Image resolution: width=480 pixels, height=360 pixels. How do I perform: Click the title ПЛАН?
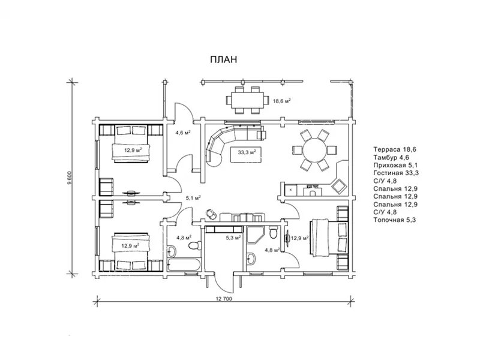point(223,59)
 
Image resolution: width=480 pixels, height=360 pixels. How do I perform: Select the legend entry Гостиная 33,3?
point(396,173)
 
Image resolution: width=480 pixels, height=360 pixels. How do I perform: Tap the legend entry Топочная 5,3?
point(395,220)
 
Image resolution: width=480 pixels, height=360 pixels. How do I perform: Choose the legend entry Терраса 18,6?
point(395,149)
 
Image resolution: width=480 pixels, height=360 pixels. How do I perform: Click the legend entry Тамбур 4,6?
point(391,157)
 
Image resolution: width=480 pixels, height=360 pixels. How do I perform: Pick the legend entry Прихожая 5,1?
point(395,166)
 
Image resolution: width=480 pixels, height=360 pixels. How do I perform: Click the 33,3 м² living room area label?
point(247,151)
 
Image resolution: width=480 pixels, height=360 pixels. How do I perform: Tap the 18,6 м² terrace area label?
point(281,100)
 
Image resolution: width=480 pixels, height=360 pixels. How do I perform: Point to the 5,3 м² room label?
point(233,237)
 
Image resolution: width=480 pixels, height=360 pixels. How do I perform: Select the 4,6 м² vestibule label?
point(183,133)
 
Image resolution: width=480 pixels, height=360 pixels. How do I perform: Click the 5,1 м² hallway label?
point(193,198)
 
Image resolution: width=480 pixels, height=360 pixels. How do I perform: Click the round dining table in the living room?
point(314,149)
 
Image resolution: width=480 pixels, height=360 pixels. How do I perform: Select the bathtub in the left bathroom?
point(184,265)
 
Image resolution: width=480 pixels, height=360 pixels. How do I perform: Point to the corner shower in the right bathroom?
point(254,235)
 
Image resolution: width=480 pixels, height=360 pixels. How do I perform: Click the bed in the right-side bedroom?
point(329,236)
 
